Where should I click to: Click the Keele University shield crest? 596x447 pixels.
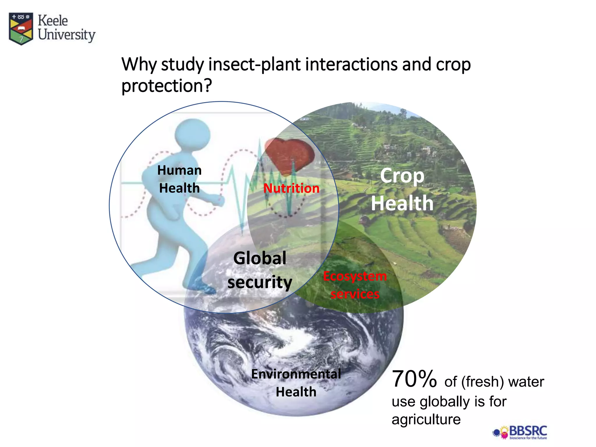(x=21, y=28)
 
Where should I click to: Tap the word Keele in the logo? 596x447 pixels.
(x=53, y=21)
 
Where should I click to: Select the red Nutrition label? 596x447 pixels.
(x=291, y=188)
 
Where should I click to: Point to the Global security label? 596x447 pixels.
(x=260, y=270)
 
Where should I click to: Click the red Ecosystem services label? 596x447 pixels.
(x=355, y=285)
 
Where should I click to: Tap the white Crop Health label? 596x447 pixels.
(x=402, y=189)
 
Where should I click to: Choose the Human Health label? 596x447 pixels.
(x=179, y=179)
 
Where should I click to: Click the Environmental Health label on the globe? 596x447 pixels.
(x=296, y=383)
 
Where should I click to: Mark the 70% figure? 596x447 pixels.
(x=414, y=379)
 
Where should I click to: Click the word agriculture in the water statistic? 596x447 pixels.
(x=426, y=419)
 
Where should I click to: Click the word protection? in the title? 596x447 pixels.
(x=166, y=86)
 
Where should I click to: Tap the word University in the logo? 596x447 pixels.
(x=67, y=35)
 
